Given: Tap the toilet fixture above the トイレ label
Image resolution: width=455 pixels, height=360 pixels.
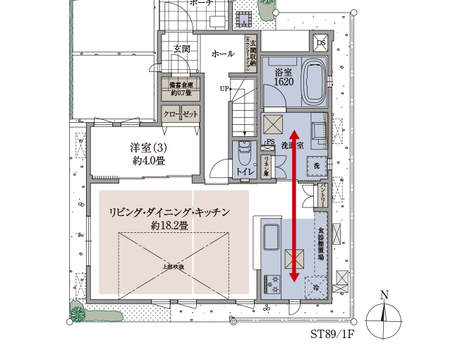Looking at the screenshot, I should tap(245, 151).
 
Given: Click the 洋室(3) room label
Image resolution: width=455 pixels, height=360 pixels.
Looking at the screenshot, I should tap(148, 154).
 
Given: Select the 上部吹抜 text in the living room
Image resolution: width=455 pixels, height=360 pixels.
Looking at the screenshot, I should tap(174, 267).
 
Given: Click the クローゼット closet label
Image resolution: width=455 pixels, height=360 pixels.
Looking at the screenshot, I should tap(181, 114).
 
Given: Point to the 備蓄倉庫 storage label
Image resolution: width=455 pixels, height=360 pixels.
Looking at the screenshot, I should tap(180, 88).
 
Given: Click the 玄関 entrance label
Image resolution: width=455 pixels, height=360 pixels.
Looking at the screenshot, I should tap(181, 49).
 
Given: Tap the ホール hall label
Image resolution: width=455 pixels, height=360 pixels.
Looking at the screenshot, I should tap(223, 54).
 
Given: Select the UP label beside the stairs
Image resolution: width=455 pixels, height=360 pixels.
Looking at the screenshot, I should tap(224, 89).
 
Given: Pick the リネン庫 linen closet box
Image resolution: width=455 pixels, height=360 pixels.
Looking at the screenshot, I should tap(267, 167).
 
